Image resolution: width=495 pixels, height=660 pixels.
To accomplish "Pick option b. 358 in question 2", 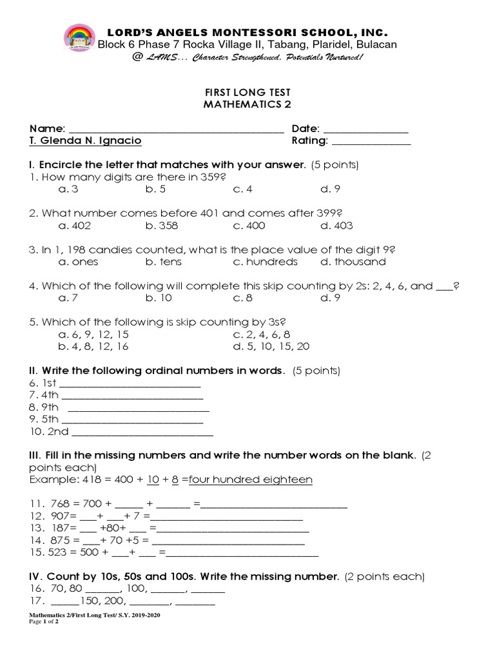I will click(x=161, y=226).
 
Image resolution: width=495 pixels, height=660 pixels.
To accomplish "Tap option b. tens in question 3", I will click(x=163, y=262).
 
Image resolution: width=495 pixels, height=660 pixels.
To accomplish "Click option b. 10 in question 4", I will click(x=158, y=298).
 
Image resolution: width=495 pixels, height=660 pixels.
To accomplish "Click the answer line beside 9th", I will click(x=138, y=410).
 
